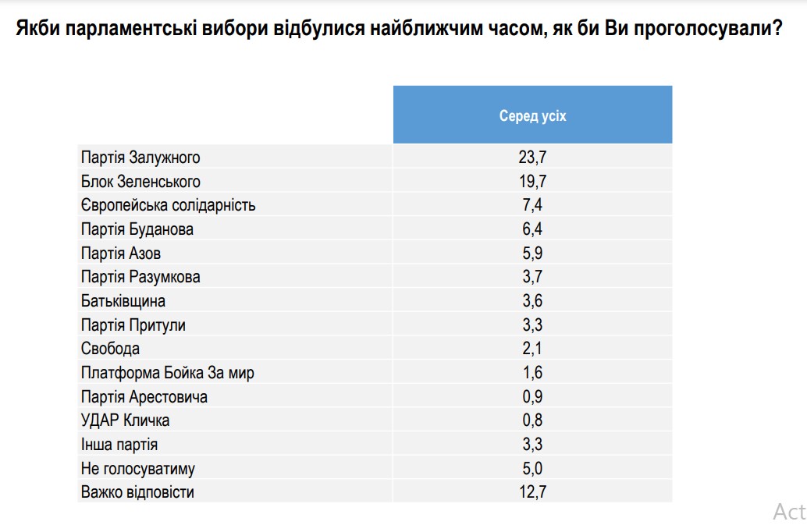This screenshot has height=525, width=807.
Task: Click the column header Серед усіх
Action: [x=532, y=116]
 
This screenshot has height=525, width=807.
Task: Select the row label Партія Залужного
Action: [x=140, y=158]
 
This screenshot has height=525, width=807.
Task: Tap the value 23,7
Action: [x=532, y=158]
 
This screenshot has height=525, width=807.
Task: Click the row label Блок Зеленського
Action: [x=140, y=182]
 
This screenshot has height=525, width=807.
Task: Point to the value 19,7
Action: [x=532, y=182]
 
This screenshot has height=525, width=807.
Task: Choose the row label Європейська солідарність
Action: [x=168, y=206]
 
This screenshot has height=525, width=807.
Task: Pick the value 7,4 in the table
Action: [x=532, y=206]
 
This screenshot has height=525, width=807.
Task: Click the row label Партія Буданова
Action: [x=137, y=229]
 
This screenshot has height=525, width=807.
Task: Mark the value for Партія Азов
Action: [x=532, y=254]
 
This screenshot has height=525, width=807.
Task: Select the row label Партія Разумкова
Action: [x=140, y=277]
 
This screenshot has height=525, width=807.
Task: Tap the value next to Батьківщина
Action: [x=532, y=301]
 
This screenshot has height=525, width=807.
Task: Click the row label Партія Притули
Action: [x=133, y=325]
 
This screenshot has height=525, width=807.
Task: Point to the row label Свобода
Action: [x=110, y=349]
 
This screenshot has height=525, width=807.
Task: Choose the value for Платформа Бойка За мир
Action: [x=532, y=373]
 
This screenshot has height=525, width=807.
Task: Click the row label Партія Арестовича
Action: [x=144, y=397]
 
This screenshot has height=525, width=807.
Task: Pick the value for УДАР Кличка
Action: [x=532, y=420]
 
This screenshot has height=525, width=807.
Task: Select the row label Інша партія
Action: [x=119, y=445]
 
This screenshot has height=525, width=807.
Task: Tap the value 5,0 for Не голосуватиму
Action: [x=532, y=469]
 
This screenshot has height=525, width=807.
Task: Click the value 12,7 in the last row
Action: [x=532, y=492]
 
